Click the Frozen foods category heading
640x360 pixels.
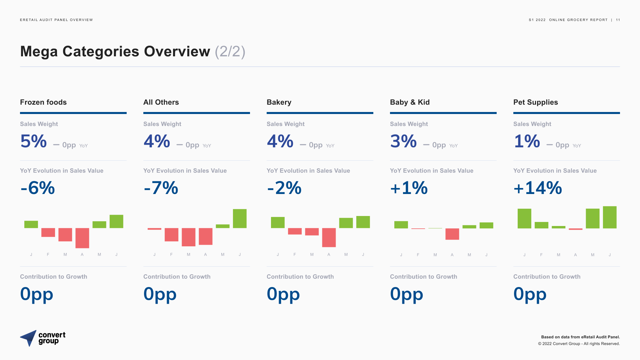pos(43,102)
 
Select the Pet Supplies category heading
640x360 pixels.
pos(535,102)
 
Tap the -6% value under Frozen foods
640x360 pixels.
pos(38,188)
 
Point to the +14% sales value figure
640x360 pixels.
pos(538,188)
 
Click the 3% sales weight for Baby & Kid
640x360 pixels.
pos(403,141)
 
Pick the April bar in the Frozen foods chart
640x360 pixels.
pos(82,238)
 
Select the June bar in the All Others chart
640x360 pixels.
pos(240,219)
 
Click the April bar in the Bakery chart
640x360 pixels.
pos(329,237)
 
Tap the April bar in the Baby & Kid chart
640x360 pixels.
pos(452,234)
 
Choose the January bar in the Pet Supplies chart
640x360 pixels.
pos(524,219)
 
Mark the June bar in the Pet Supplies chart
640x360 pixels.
pos(610,217)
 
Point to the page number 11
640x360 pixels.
pos(618,20)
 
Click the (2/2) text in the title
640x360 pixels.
pos(230,52)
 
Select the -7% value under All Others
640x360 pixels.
pos(161,188)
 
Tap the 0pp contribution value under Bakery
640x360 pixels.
pos(283,294)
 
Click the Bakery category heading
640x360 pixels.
pos(279,102)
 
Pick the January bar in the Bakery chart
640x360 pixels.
pos(278,222)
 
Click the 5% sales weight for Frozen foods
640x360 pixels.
pos(33,141)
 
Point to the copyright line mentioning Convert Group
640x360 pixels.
pos(579,344)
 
